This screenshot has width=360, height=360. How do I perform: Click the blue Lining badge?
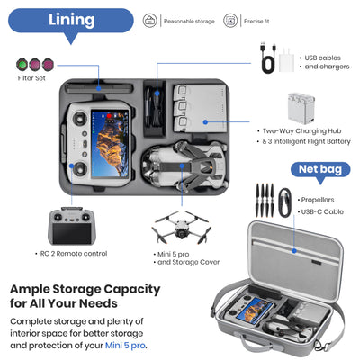click(72, 20)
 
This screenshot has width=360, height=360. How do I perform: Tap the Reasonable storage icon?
click(149, 20)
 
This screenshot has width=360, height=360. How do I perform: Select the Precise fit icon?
click(230, 20)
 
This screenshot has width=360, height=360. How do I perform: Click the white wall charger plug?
click(288, 58)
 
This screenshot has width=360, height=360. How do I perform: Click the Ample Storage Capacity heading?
click(85, 296)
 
